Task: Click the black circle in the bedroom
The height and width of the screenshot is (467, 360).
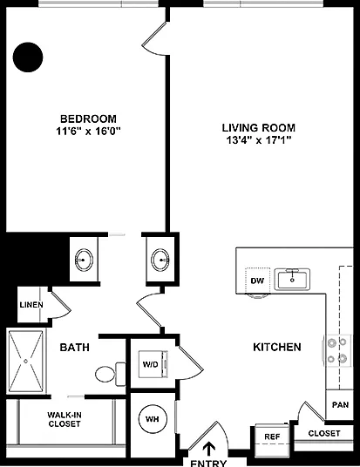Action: click(28, 58)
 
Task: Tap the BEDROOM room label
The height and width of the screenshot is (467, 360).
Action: click(88, 118)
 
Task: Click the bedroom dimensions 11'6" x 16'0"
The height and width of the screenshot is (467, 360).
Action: click(88, 131)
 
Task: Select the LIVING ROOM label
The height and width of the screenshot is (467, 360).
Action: click(259, 128)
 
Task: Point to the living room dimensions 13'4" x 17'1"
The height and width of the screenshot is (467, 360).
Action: click(259, 140)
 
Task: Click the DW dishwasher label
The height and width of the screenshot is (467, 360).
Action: click(257, 281)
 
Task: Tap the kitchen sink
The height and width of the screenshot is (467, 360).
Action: click(292, 279)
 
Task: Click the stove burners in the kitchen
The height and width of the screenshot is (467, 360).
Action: click(337, 350)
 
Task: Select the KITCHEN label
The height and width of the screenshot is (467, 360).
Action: click(277, 347)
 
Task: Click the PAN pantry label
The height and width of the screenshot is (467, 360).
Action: click(340, 405)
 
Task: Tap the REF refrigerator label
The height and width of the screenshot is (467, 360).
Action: click(272, 437)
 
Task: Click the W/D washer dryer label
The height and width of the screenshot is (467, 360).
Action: click(151, 364)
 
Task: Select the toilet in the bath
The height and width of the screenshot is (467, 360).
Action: click(110, 374)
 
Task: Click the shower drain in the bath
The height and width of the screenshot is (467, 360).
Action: click(26, 362)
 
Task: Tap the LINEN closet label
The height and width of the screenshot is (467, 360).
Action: click(31, 305)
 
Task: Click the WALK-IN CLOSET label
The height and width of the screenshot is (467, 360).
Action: click(65, 419)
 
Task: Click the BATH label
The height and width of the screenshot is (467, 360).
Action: click(74, 348)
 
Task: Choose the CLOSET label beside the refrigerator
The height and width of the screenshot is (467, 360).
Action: click(324, 433)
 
